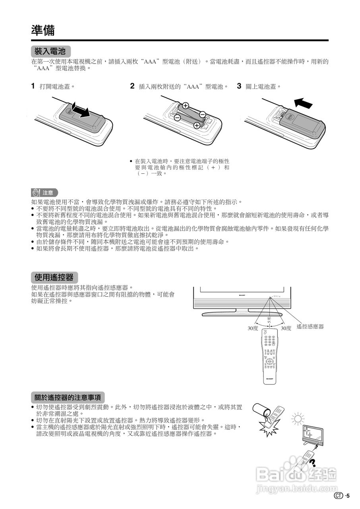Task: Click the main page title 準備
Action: click(43, 31)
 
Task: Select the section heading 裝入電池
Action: click(50, 51)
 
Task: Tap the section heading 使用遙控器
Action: click(54, 277)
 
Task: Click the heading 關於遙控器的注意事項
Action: click(68, 397)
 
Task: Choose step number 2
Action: click(132, 86)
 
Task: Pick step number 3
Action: click(239, 86)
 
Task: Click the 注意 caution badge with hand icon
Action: click(45, 193)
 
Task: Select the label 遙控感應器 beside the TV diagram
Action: click(310, 326)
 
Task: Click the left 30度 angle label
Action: click(253, 328)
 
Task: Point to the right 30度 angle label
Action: click(286, 328)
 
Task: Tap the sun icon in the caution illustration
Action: click(297, 419)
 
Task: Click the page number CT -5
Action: click(342, 495)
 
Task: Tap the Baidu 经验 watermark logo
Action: click(296, 476)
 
